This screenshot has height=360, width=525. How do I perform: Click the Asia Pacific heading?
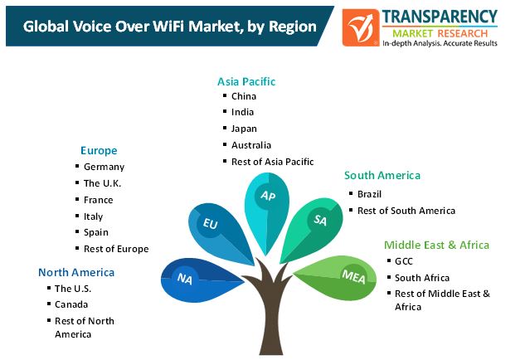coord(246,81)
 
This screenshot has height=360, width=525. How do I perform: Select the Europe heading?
coord(99,151)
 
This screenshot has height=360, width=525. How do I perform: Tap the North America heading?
coord(76,272)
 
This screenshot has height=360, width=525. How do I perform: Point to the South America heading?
coord(382,175)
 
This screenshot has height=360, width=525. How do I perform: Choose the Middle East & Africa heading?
coord(436,245)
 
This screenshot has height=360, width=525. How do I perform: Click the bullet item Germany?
coord(104,167)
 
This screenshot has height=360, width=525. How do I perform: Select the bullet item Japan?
coord(244,129)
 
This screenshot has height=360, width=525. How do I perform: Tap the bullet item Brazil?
coord(369,194)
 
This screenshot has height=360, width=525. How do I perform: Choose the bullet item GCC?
coord(403,261)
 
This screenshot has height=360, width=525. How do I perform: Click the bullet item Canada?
coord(71,304)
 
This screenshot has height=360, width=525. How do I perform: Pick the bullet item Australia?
coord(251,145)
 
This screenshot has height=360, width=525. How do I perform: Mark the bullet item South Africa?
coord(422,278)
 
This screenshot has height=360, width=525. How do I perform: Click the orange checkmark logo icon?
coord(361,27)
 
